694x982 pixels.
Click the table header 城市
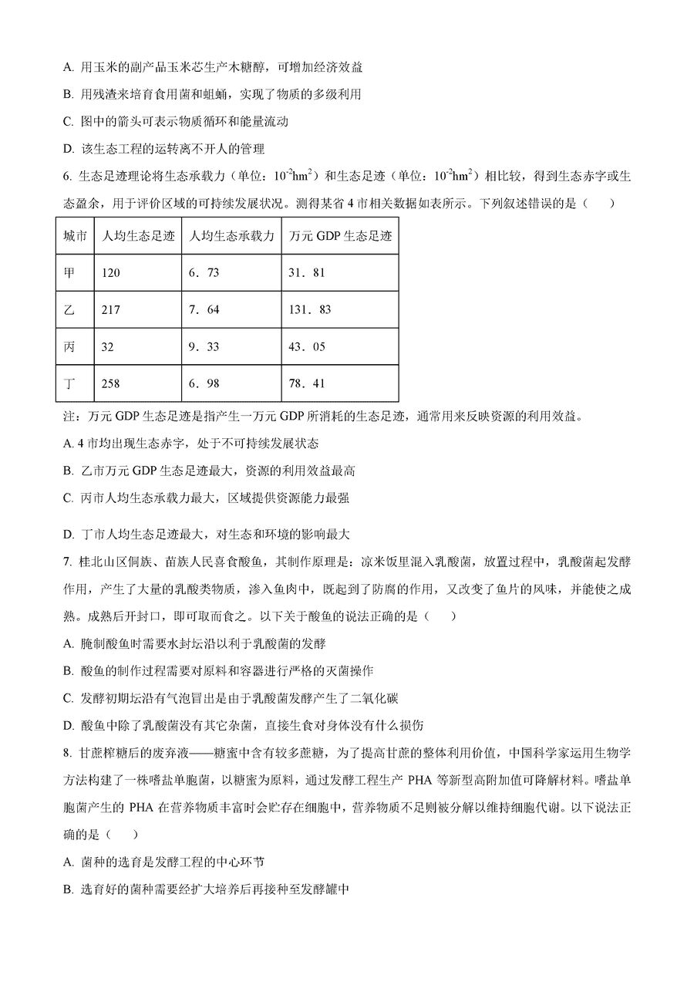point(75,236)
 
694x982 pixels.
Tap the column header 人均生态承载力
point(231,236)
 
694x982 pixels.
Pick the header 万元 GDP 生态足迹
point(340,236)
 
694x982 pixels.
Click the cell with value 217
point(111,310)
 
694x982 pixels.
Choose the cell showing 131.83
point(310,310)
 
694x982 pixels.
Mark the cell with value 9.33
point(204,347)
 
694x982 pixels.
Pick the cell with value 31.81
point(307,273)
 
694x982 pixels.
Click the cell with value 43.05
point(307,347)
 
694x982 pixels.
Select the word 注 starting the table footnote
point(69,417)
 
